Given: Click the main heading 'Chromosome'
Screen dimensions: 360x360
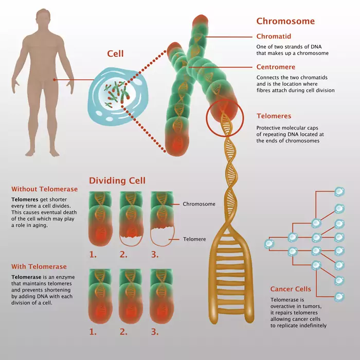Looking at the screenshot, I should (285, 22).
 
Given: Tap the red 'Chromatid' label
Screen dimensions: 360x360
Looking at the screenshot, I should (274, 37).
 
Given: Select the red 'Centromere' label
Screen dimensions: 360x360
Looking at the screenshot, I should (276, 67).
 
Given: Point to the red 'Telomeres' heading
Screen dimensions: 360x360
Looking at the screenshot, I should (274, 116).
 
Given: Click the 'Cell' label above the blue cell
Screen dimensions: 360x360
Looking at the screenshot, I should (115, 54).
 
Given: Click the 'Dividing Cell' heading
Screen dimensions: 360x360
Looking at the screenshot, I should (117, 181).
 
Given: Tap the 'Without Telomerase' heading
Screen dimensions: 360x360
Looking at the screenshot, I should (44, 189).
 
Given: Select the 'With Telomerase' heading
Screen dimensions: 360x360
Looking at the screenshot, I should (39, 266).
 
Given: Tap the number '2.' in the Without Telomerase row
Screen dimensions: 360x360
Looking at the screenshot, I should (123, 254).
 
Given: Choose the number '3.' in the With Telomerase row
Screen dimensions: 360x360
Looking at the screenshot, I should (154, 332).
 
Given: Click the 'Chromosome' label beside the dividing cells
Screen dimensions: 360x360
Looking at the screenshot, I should (199, 204).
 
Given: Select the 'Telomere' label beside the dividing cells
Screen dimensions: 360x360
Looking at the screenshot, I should (195, 239).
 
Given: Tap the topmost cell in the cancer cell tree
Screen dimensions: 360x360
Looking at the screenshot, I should (339, 191).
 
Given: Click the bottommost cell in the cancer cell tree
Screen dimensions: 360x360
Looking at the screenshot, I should (339, 297).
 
